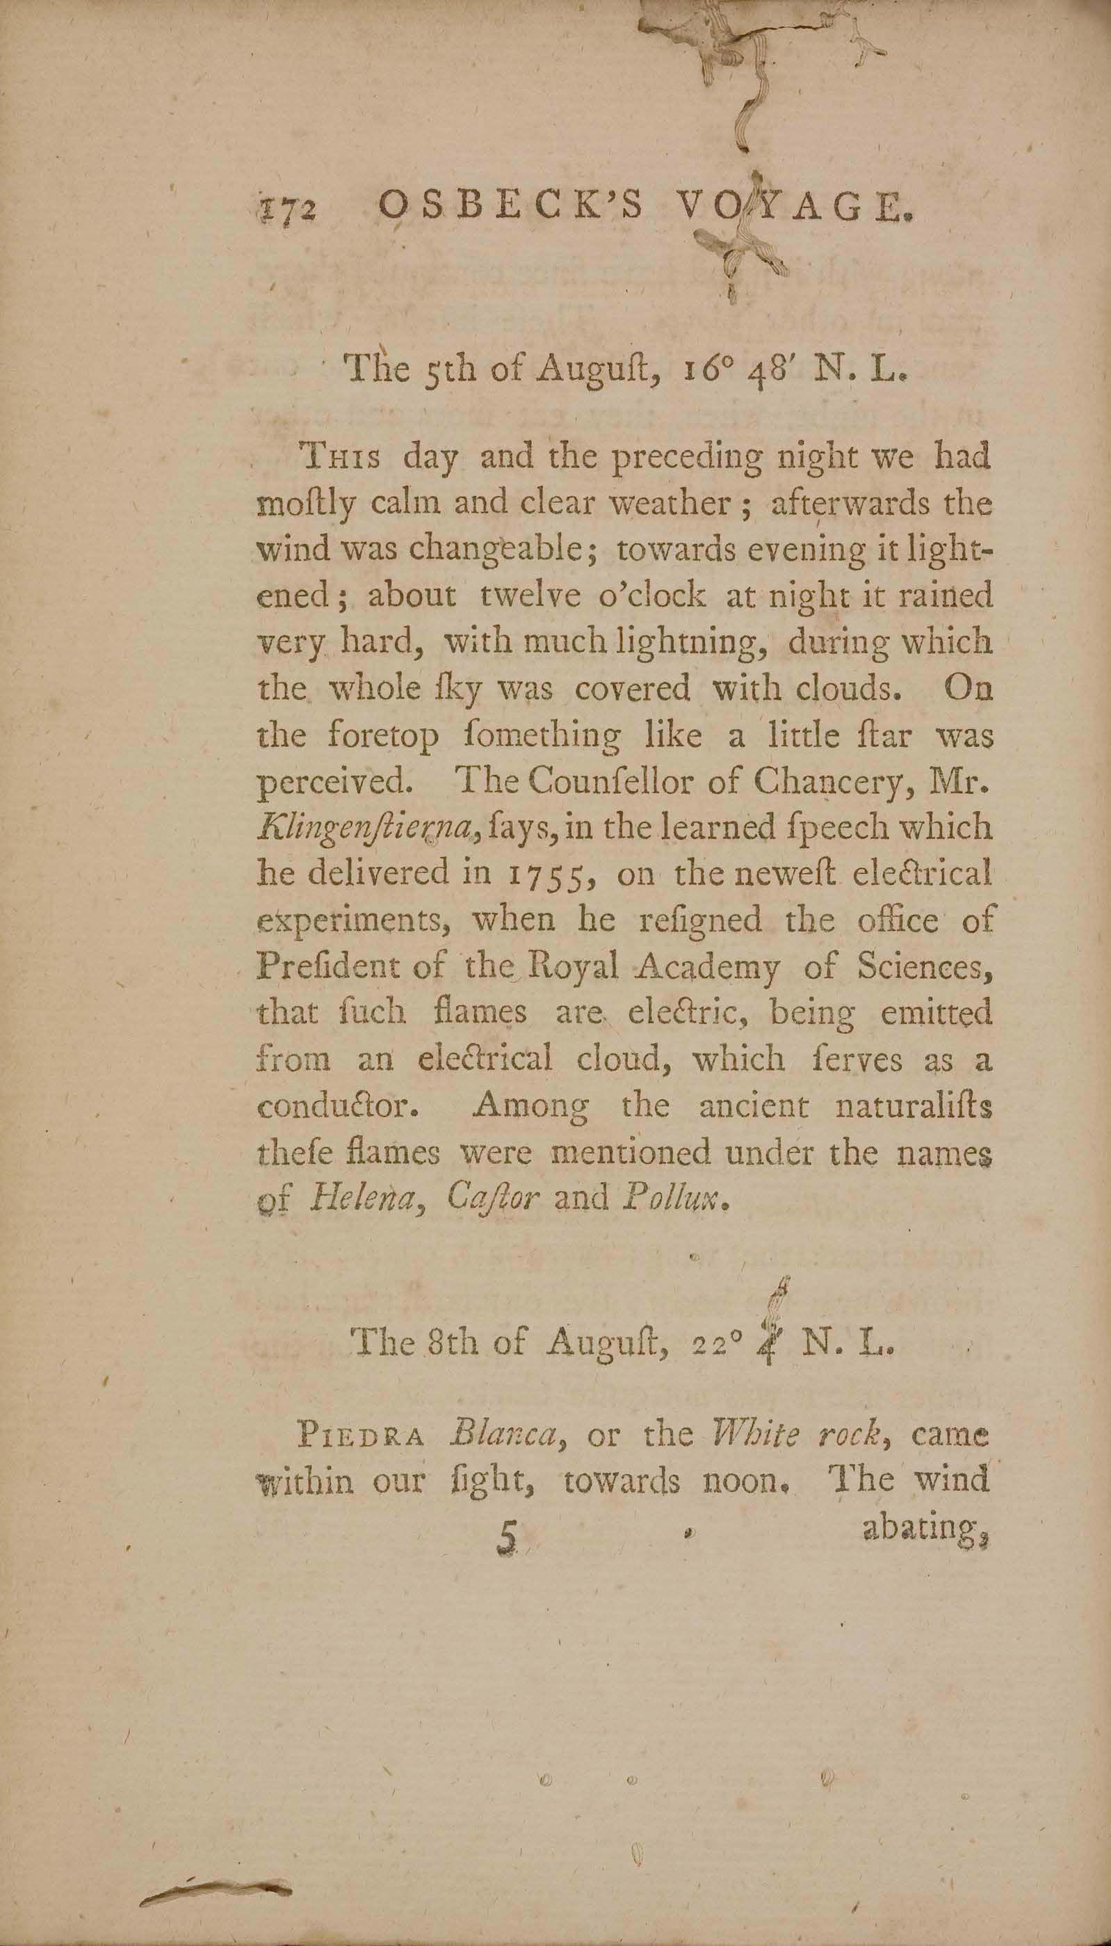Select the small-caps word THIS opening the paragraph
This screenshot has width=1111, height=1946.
pyautogui.click(x=342, y=458)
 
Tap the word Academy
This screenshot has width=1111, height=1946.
pyautogui.click(x=709, y=968)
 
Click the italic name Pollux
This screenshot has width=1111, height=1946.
pyautogui.click(x=677, y=1198)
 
